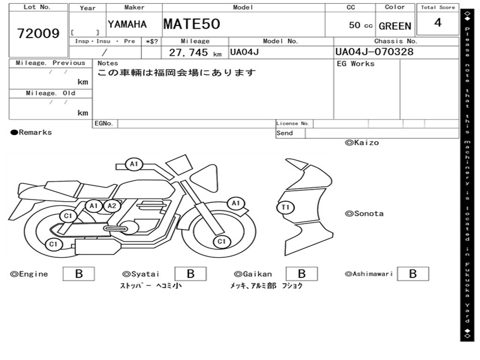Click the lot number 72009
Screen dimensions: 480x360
pyautogui.click(x=38, y=33)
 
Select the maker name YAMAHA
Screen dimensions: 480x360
pyautogui.click(x=127, y=24)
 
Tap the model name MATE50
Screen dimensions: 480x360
pyautogui.click(x=192, y=24)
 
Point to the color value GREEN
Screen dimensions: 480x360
pyautogui.click(x=395, y=26)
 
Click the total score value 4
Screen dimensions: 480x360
pyautogui.click(x=438, y=22)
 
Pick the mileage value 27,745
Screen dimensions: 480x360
pyautogui.click(x=188, y=52)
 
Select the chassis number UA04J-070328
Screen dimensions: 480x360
pyautogui.click(x=375, y=52)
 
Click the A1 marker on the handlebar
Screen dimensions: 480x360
pyautogui.click(x=134, y=164)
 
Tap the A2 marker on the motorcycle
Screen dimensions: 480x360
pyautogui.click(x=112, y=206)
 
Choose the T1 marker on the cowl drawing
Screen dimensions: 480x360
pyautogui.click(x=285, y=207)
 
